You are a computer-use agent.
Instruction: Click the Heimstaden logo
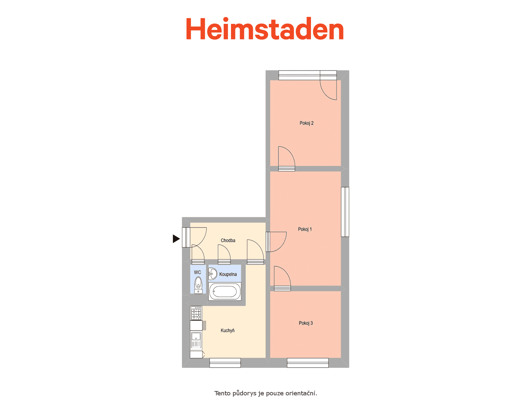(265, 29)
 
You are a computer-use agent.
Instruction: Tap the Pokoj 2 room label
(306, 123)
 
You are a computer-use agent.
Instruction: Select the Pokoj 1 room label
(305, 229)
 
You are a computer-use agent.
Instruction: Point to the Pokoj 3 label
(306, 323)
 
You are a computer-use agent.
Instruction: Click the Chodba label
(228, 240)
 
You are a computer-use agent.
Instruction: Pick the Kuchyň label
(227, 330)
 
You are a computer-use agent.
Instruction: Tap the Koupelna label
(228, 274)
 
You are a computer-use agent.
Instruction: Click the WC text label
(197, 272)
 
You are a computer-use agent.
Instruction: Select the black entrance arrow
(176, 239)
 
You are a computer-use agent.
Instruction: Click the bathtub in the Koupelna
(224, 292)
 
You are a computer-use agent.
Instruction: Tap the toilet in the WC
(198, 285)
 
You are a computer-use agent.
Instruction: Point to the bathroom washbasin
(212, 274)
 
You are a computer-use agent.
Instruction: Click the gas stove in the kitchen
(196, 313)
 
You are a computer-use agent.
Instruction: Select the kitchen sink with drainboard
(196, 341)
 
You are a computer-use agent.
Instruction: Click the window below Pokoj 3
(307, 363)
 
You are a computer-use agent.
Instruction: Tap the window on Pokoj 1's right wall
(345, 212)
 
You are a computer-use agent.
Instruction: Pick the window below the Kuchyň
(225, 363)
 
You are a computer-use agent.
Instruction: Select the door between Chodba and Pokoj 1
(276, 242)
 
